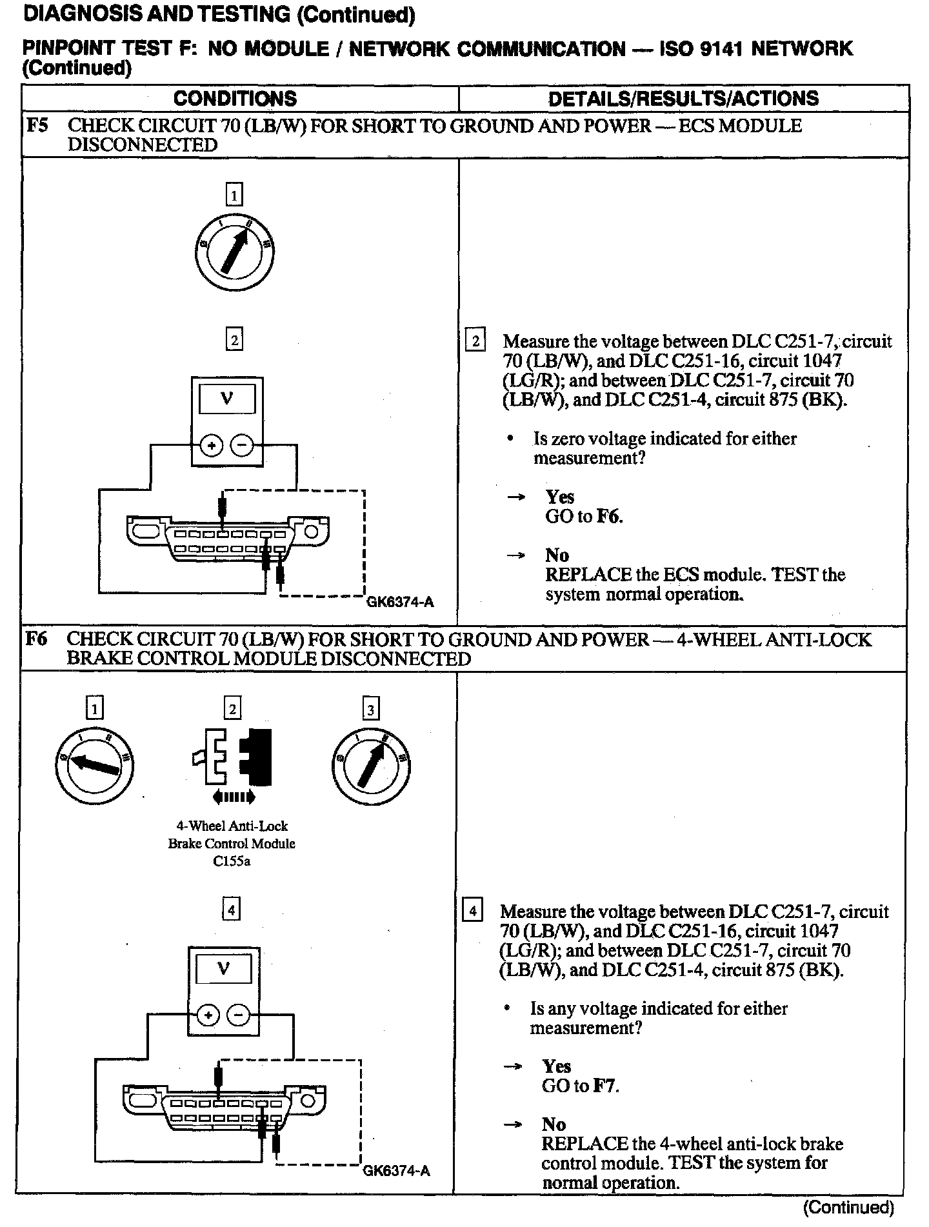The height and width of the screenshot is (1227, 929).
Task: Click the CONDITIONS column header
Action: pos(235,99)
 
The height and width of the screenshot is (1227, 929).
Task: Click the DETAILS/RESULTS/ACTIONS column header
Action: pos(683,99)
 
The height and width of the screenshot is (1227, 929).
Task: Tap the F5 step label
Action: pos(37,125)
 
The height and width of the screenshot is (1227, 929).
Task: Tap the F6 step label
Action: pos(37,639)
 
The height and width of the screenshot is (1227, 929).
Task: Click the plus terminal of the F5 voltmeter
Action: pos(211,445)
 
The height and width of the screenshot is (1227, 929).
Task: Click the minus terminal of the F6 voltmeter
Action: pos(238,1015)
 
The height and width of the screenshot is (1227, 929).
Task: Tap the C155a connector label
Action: pos(232,861)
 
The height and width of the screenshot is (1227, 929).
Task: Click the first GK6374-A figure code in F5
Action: pos(400,603)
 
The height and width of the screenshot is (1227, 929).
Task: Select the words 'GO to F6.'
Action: pos(584,516)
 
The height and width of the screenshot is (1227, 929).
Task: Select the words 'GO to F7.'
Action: pos(580,1086)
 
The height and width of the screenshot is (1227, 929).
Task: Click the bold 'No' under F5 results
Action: pos(557,555)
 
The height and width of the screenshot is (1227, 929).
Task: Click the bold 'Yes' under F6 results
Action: pos(555,1066)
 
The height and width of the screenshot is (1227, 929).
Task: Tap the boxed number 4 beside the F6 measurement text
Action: pos(472,912)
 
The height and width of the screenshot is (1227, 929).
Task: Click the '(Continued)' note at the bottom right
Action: pos(848,1207)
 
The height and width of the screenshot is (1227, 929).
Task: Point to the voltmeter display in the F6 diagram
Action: pos(223,969)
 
